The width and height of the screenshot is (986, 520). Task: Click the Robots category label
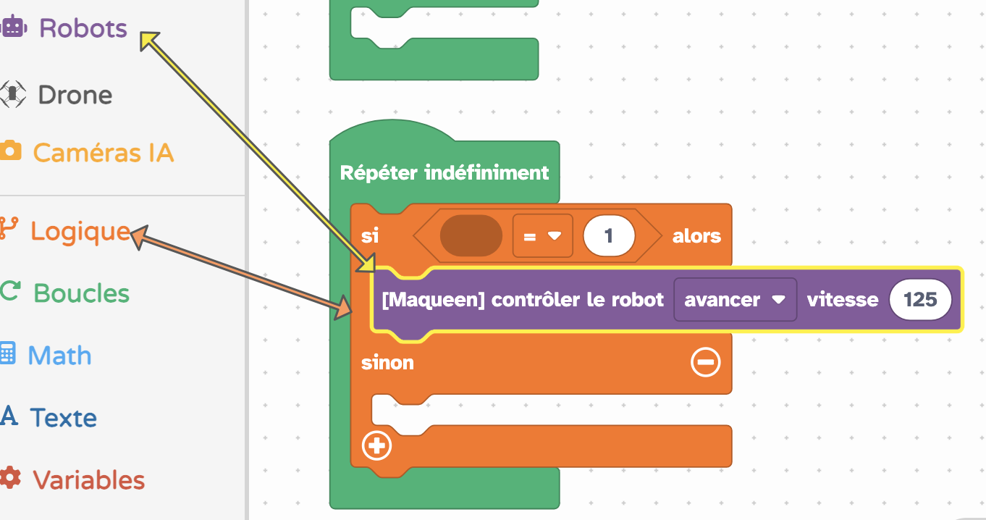pos(83,28)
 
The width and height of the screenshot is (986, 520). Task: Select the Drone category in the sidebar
pos(75,95)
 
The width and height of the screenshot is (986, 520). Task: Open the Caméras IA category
pos(104,153)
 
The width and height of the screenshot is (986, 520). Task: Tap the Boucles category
pos(81,293)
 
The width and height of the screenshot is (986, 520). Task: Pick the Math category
pos(59,356)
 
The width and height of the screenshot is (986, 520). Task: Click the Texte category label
pos(64,417)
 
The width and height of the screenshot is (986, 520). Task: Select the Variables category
pos(89,480)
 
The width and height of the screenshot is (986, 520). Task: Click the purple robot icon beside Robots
pos(13,26)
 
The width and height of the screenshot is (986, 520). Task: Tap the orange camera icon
pos(11,150)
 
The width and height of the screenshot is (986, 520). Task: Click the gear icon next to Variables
pos(11,478)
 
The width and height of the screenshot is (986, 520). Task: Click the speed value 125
pos(920,300)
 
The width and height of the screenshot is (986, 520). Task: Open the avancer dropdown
pos(735,300)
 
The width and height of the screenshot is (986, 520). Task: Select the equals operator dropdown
pos(543,236)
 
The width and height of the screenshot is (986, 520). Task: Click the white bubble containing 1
pos(610,236)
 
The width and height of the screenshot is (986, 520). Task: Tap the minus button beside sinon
pos(706,362)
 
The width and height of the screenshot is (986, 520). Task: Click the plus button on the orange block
pos(376,445)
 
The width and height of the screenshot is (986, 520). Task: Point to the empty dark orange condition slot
pos(471,236)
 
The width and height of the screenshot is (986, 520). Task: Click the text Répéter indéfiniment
pos(444,172)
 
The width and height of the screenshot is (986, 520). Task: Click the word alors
pos(696,236)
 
